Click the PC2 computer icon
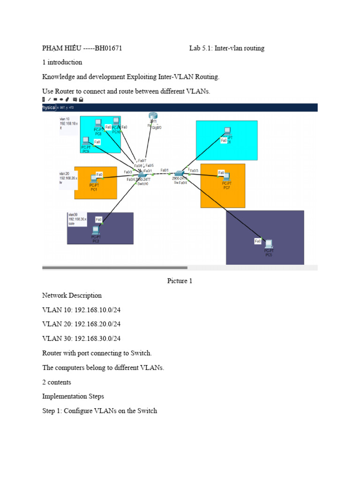click(x=96, y=230)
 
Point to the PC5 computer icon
click(x=269, y=244)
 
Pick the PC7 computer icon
click(x=226, y=177)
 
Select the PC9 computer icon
click(x=86, y=141)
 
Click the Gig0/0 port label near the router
click(x=158, y=127)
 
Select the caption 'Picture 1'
click(x=180, y=281)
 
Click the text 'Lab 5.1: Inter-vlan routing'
click(x=227, y=48)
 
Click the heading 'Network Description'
click(x=72, y=295)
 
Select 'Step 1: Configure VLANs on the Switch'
click(x=99, y=411)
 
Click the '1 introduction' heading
click(x=62, y=62)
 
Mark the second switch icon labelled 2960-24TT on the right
click(x=179, y=174)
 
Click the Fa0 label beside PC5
click(x=258, y=241)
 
